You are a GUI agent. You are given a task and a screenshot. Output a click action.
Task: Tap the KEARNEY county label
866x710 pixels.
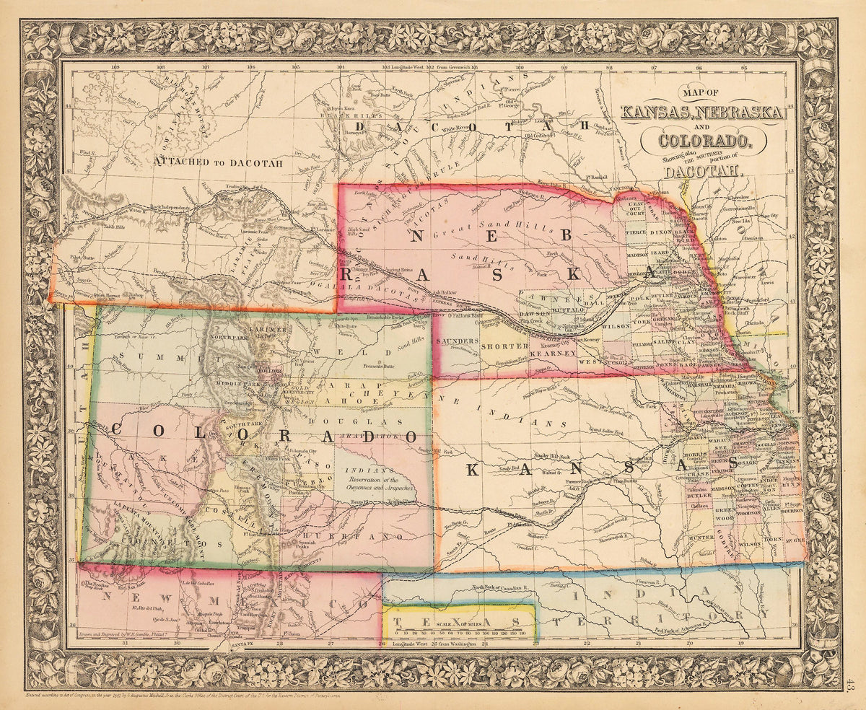pos(551,354)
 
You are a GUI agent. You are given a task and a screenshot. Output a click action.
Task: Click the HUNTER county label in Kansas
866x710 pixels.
pos(700,538)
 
